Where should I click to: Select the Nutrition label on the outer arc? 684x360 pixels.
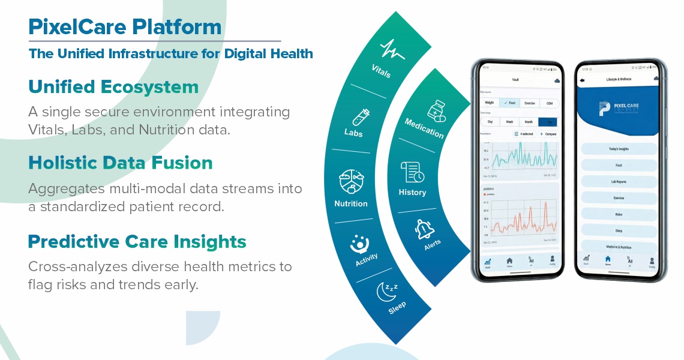pos(351,203)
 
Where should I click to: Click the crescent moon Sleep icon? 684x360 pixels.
pos(386,291)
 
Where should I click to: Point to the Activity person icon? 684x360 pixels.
pos(359,244)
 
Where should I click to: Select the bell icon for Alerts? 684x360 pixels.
pos(425,229)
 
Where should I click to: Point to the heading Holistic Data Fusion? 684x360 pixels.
pos(121,163)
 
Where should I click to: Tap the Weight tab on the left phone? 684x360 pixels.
pos(490,103)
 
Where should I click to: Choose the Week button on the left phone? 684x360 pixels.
pos(509,122)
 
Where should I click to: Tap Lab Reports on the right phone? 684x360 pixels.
pos(619,181)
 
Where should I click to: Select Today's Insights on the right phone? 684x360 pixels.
pos(619,148)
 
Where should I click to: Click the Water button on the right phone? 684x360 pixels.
pos(619,214)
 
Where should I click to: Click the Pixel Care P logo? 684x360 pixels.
pos(604,109)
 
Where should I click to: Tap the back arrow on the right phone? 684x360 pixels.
pos(582,80)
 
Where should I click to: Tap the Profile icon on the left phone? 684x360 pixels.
pos(551,261)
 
